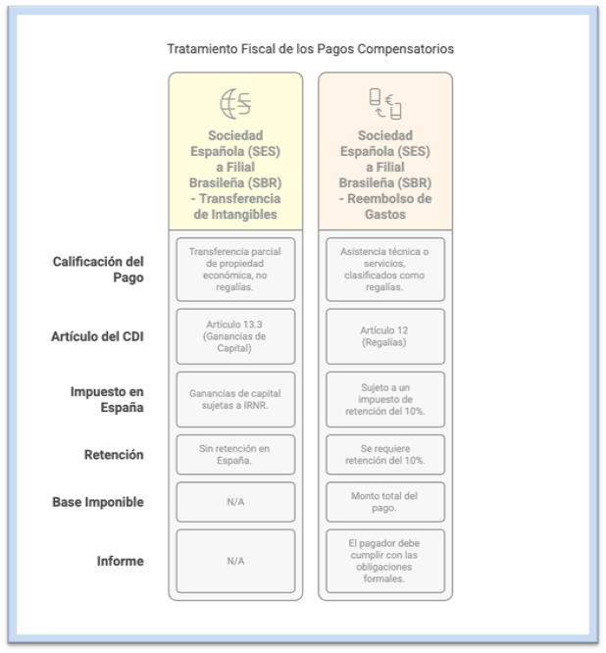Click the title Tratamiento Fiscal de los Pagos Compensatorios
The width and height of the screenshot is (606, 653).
(x=310, y=48)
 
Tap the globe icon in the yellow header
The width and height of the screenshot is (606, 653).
(x=235, y=103)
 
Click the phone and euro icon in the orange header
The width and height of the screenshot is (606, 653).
(x=385, y=103)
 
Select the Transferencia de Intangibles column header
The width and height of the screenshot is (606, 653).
(x=235, y=175)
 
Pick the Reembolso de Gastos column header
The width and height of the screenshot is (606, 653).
(x=385, y=175)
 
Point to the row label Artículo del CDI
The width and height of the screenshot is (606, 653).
(x=97, y=336)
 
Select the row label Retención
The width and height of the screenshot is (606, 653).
(x=114, y=455)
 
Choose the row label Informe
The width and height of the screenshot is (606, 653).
(x=119, y=561)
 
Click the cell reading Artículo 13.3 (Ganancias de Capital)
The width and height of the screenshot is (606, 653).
(x=235, y=336)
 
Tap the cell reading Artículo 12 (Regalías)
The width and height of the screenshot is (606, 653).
(x=385, y=336)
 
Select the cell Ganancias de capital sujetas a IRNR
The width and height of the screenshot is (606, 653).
(x=235, y=399)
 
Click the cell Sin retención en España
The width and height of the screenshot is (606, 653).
(x=235, y=455)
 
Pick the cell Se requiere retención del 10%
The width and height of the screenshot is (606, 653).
(x=385, y=455)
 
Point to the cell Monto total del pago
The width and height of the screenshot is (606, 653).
(x=385, y=502)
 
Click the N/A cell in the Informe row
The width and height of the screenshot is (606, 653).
(x=235, y=561)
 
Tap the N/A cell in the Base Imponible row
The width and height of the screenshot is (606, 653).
(x=235, y=502)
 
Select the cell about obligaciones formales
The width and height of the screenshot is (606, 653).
(x=385, y=561)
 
